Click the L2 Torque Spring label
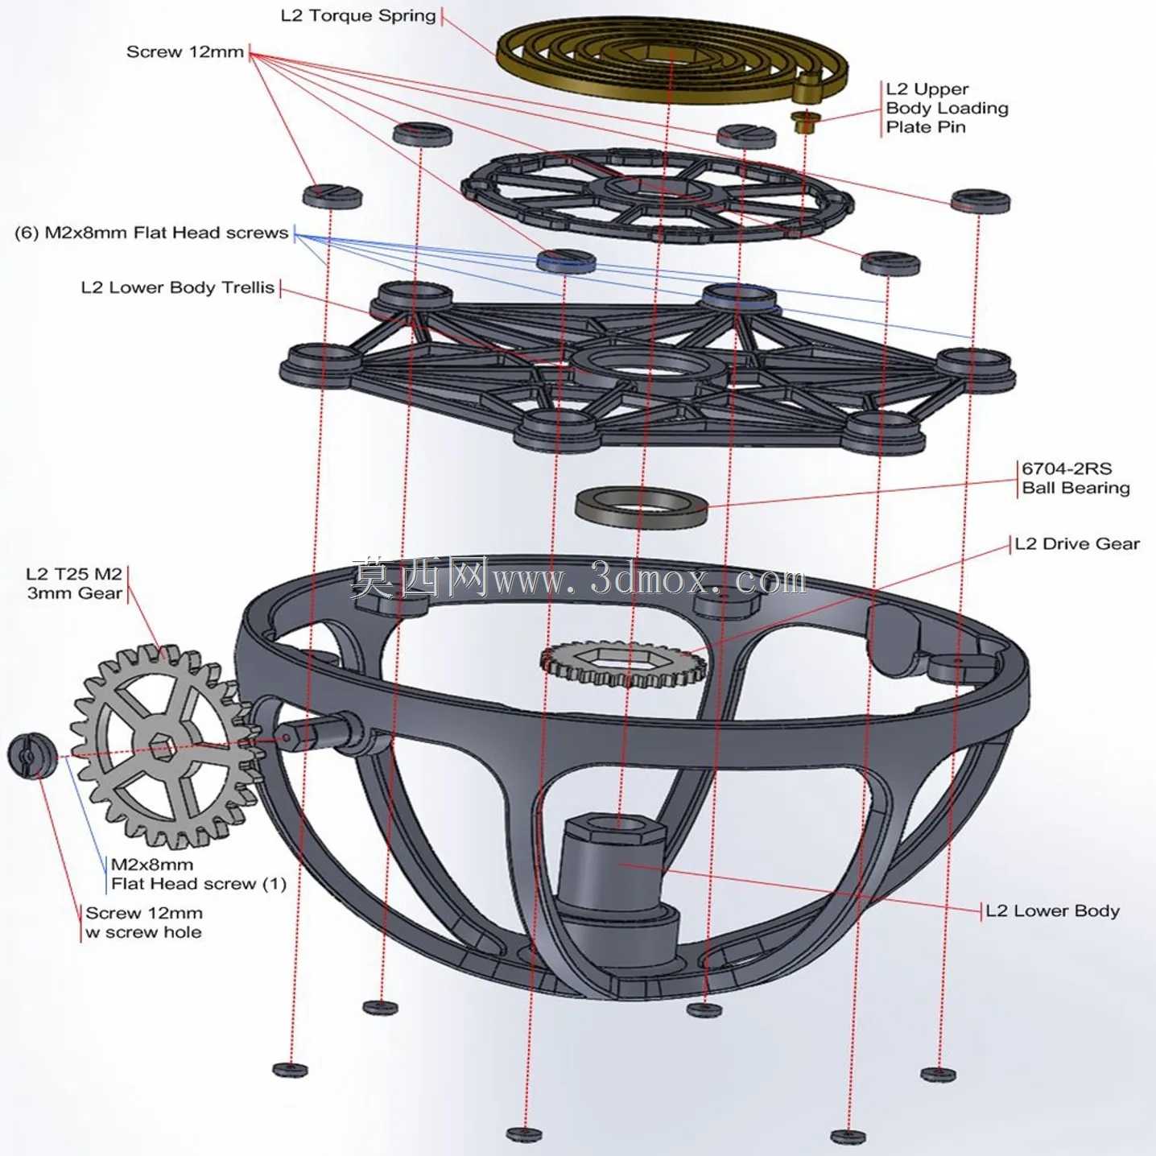coord(358,15)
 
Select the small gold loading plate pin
coord(804,122)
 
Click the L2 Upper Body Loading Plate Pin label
coord(947,108)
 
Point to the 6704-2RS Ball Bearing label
coord(1075,477)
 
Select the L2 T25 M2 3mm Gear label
coord(74,583)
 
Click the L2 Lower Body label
coord(1052,910)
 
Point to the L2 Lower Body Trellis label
coord(178,287)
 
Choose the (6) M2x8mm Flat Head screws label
coord(151,232)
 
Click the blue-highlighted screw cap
coord(566,260)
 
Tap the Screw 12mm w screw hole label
coord(144,922)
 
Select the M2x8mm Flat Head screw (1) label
coord(199,874)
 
